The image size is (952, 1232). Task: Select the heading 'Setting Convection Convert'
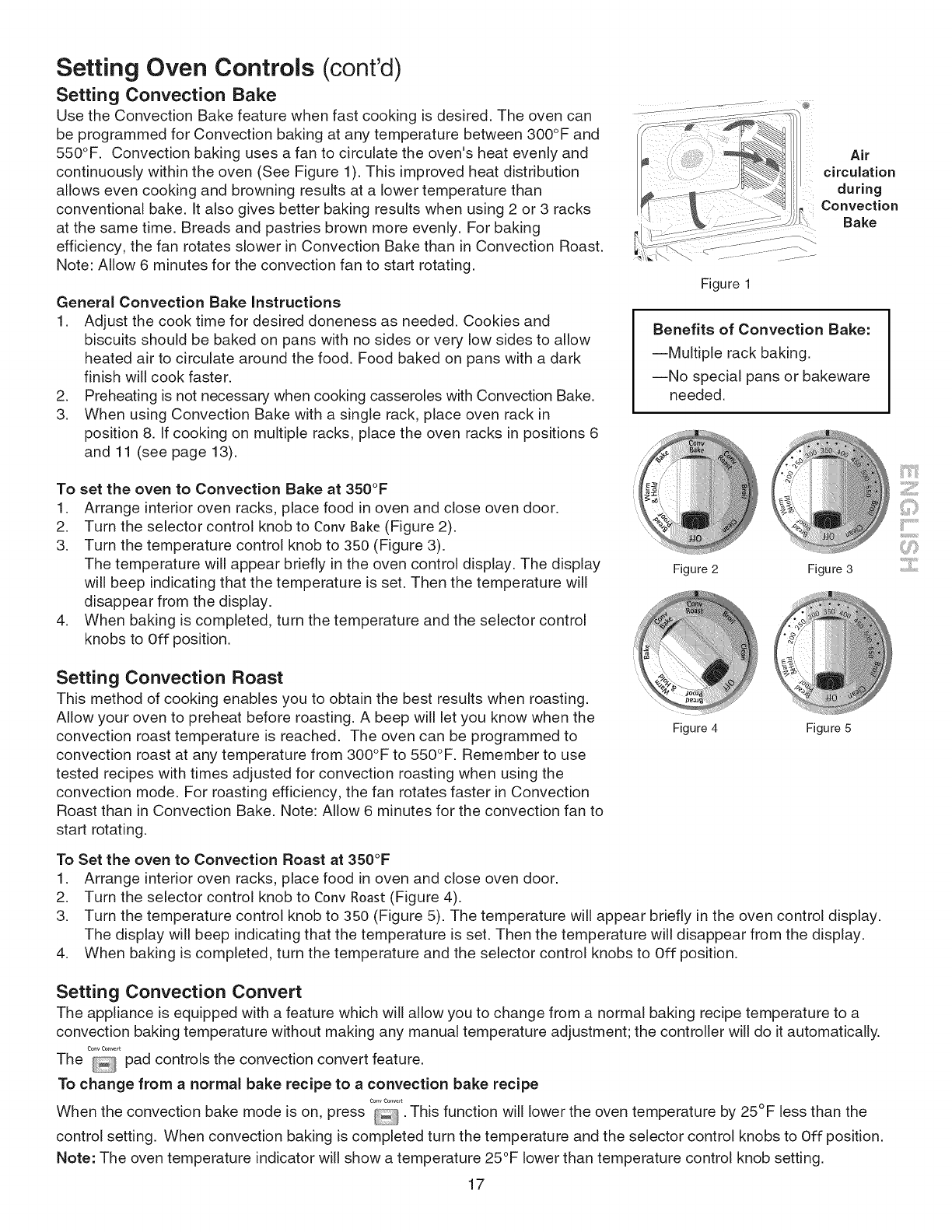tap(178, 992)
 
